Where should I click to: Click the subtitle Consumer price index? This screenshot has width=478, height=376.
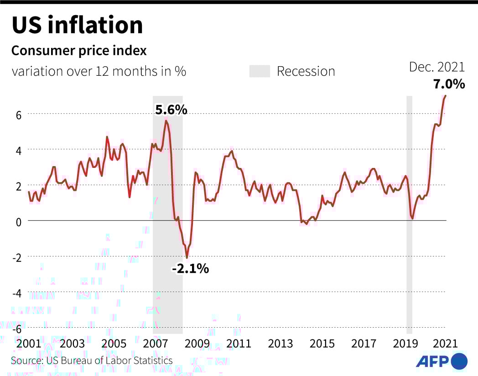(x=79, y=51)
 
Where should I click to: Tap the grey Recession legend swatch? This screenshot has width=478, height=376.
(x=260, y=71)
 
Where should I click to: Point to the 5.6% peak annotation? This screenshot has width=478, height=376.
(x=171, y=110)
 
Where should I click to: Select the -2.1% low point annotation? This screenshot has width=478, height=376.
(x=190, y=269)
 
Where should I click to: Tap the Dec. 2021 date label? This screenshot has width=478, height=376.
(x=436, y=67)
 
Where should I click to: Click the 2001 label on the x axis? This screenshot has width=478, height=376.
(x=28, y=344)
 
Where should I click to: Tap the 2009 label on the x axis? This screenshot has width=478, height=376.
(x=197, y=344)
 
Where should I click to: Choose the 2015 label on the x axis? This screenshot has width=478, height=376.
(x=322, y=344)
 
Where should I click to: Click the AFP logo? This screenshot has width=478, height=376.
(x=442, y=361)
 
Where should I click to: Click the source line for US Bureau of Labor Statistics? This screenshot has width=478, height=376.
(x=92, y=360)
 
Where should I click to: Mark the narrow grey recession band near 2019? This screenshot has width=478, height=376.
(x=409, y=214)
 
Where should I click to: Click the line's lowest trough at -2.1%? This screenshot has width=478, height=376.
(x=187, y=258)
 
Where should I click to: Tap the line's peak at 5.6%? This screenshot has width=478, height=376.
(x=166, y=120)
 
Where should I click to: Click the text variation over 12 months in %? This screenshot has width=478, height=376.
(x=99, y=72)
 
